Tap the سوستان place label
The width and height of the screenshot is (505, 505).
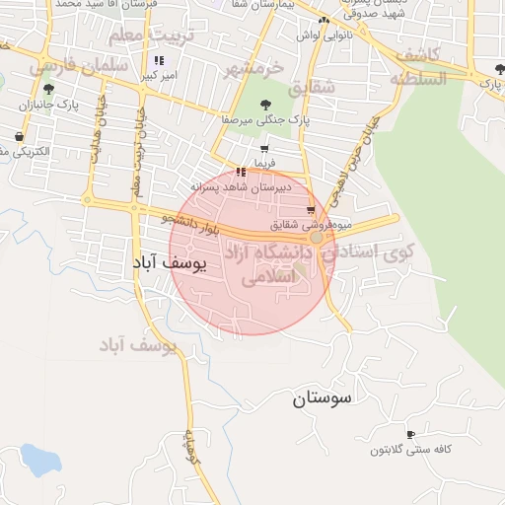[322, 399]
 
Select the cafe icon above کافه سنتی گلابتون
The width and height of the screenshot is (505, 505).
[410, 434]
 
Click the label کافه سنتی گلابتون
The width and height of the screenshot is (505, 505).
[410, 451]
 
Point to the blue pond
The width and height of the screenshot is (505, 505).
[40, 459]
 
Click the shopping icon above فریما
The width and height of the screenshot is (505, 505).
[263, 148]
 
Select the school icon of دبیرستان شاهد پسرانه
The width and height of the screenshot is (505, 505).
[242, 172]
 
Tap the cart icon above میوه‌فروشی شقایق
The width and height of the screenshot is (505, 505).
[311, 210]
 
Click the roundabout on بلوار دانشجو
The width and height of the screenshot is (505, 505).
[316, 238]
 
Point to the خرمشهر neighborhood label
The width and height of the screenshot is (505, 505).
[252, 69]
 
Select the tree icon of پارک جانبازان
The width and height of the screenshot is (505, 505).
[48, 90]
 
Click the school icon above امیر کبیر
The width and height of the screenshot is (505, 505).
[159, 60]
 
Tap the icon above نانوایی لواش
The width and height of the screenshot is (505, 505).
[323, 20]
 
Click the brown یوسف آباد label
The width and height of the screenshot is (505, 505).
[137, 345]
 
